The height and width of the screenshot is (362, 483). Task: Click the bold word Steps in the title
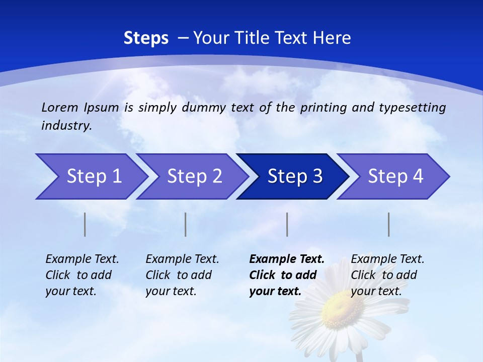pyautogui.click(x=146, y=38)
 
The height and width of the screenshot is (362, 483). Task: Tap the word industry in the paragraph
pyautogui.click(x=65, y=126)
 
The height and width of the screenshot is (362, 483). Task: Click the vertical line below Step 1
pyautogui.click(x=85, y=224)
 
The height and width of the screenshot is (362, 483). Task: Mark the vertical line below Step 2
pyautogui.click(x=186, y=224)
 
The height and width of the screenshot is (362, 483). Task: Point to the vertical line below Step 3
pyautogui.click(x=287, y=224)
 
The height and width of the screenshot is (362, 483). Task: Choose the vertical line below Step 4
pyautogui.click(x=389, y=224)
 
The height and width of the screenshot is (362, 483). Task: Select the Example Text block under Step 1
pyautogui.click(x=82, y=275)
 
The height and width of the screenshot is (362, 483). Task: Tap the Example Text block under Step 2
pyautogui.click(x=182, y=275)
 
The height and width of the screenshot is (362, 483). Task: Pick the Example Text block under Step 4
pyautogui.click(x=387, y=275)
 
